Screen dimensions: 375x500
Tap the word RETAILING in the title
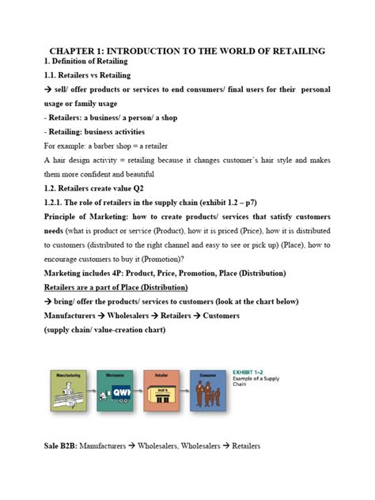pos(292,51)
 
